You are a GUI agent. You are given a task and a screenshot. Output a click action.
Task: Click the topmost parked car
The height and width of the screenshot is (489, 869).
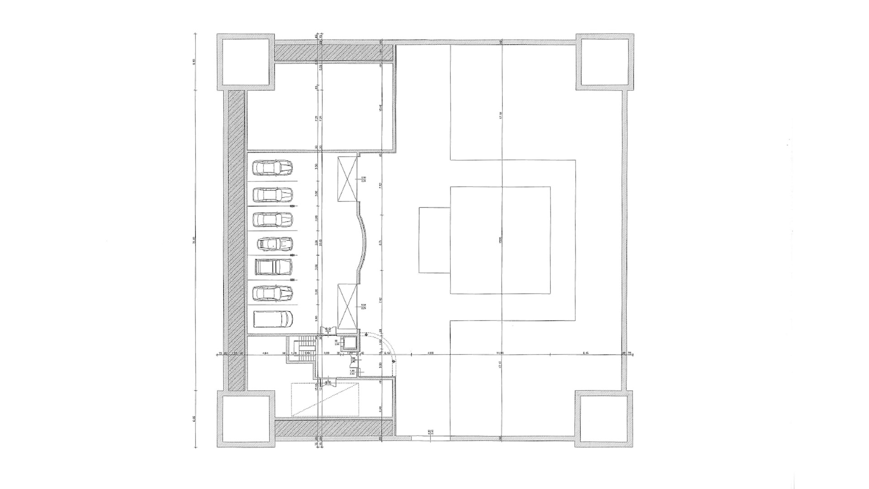[x=272, y=168]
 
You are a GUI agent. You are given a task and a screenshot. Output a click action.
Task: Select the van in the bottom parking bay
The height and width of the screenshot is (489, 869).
[x=272, y=319]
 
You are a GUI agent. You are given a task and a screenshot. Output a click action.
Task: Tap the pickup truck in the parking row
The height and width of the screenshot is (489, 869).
[x=273, y=267]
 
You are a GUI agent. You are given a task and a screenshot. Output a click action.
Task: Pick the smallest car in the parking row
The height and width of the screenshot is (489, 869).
[x=275, y=244]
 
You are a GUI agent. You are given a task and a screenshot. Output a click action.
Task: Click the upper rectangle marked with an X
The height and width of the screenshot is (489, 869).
[x=348, y=179]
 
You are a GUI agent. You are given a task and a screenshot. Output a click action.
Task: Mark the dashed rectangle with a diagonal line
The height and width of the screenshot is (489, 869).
[x=325, y=399]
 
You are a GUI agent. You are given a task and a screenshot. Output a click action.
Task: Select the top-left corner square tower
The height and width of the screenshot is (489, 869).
[x=245, y=61]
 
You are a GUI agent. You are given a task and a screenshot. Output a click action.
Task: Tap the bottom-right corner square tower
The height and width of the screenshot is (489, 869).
[x=604, y=419]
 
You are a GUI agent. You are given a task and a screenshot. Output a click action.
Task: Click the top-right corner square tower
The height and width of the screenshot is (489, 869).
[x=604, y=61]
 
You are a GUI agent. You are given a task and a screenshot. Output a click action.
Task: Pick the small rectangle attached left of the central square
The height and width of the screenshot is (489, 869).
[x=434, y=240]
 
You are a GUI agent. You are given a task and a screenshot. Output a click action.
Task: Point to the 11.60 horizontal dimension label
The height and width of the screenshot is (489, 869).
[x=500, y=353]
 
